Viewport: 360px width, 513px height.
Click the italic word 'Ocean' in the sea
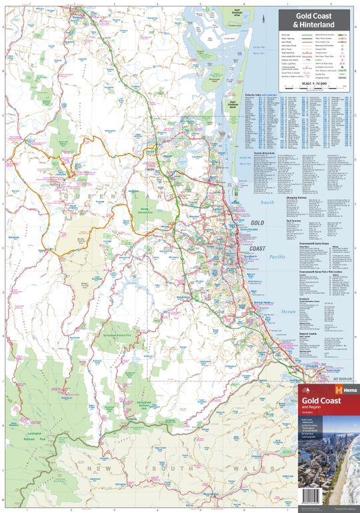click(x=287, y=292)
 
